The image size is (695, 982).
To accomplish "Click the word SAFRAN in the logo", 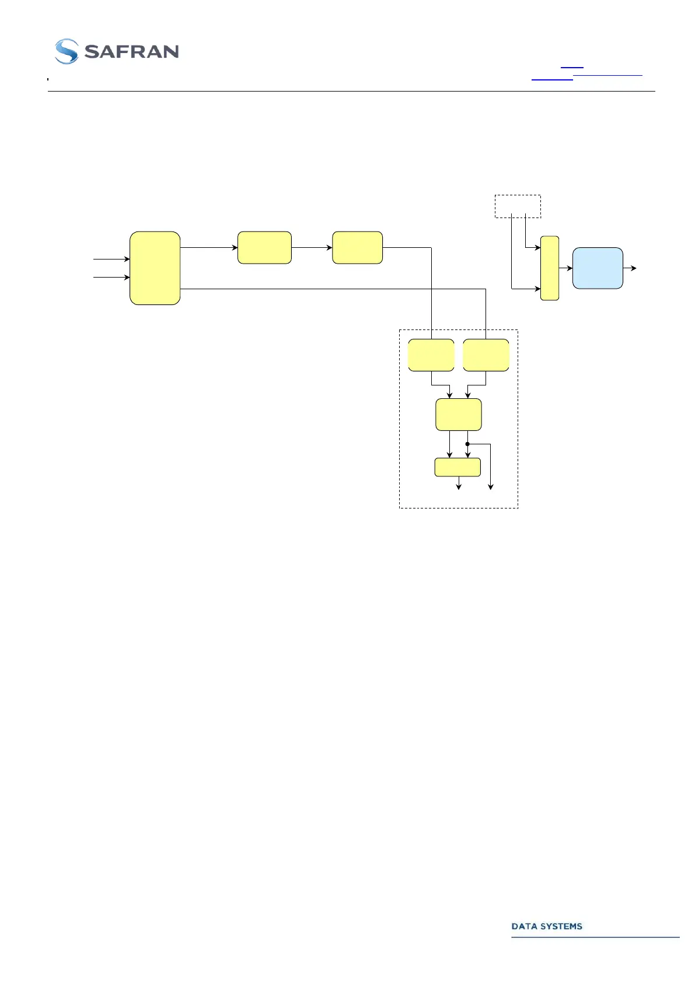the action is [x=131, y=52].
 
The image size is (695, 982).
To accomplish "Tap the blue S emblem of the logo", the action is [x=66, y=51].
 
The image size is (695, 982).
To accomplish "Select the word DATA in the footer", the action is [x=523, y=926].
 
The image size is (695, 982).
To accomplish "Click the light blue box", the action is [x=598, y=268].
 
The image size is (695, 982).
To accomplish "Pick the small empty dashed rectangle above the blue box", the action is [x=518, y=206].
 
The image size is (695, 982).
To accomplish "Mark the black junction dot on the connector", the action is [x=467, y=444].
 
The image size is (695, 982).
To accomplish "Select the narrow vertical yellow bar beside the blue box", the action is [x=550, y=268].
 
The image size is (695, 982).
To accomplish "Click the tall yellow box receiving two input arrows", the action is [x=155, y=268].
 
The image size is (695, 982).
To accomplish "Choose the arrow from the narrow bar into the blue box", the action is [x=566, y=268].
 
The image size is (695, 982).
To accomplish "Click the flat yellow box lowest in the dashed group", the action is [x=457, y=467].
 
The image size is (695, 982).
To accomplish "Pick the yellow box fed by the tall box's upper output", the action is [x=264, y=248].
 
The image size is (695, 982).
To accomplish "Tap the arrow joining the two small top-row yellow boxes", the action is [x=312, y=248].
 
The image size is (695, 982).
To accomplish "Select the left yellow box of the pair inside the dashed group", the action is [x=431, y=355].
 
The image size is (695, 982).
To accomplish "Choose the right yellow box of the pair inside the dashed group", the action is [x=486, y=355].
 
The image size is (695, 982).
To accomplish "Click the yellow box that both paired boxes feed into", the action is [x=459, y=415].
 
